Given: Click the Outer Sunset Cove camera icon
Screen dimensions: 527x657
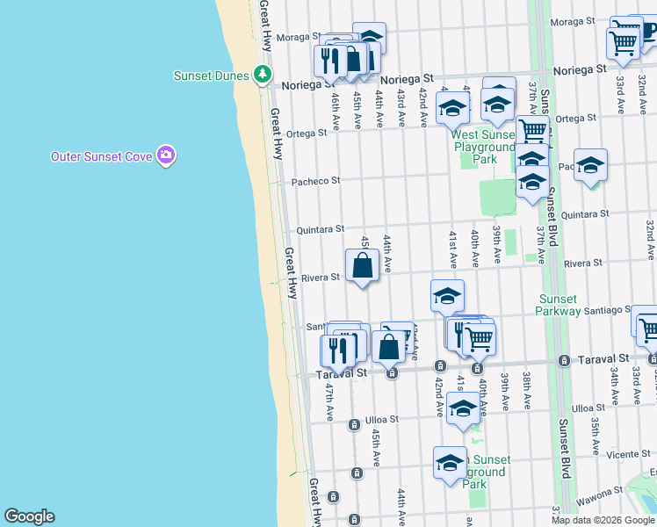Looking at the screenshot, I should click(166, 156).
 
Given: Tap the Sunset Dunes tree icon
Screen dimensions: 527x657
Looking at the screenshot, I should click(262, 75).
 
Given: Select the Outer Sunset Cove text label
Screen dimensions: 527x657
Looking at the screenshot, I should click(101, 157).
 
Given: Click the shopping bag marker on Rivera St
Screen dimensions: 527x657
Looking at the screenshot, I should click(363, 266).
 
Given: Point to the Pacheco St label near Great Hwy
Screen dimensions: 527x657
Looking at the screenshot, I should click(316, 181).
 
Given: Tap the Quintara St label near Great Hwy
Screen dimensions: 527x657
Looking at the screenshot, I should click(320, 228).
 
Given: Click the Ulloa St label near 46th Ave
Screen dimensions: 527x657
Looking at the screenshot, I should click(381, 419).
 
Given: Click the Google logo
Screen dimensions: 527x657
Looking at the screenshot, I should click(29, 516).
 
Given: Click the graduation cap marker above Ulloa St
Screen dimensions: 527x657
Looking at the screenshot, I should click(463, 408).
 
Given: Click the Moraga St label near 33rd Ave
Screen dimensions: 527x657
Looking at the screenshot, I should click(575, 21).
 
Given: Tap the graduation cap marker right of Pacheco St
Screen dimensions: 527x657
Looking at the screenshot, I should click(591, 165).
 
